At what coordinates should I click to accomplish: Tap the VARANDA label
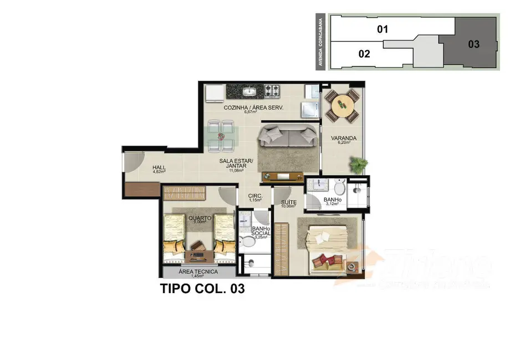click(x=344, y=138)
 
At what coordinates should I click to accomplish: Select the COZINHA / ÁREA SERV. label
click(x=253, y=109)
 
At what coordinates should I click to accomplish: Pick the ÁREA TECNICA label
click(x=198, y=272)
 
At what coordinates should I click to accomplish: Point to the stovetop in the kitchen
click(x=272, y=90)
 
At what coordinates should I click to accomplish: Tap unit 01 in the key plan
click(x=382, y=29)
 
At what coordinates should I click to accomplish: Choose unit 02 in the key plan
click(x=364, y=54)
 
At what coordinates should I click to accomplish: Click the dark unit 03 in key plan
click(x=473, y=44)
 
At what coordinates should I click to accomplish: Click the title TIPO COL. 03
click(x=202, y=289)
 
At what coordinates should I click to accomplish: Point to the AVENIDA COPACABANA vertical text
click(x=320, y=42)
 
